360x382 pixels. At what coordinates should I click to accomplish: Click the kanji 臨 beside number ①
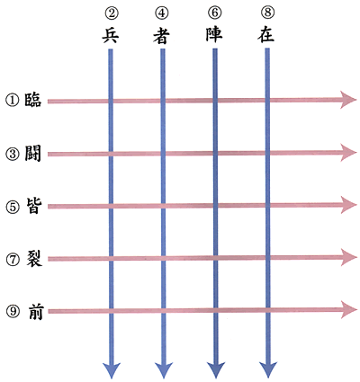click(32, 100)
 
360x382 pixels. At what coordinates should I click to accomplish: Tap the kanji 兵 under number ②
click(111, 35)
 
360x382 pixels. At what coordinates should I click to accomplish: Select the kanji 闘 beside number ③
click(32, 154)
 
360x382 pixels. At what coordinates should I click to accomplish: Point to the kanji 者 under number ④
click(162, 36)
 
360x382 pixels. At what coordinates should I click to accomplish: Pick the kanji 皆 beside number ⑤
click(32, 207)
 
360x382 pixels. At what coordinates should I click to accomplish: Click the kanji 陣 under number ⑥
click(214, 35)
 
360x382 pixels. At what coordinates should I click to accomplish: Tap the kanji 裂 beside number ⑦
click(33, 259)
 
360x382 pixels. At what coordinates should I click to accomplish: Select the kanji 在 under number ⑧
click(265, 35)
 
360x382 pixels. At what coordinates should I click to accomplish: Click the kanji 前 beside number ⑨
click(36, 312)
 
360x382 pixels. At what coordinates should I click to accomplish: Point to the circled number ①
click(12, 101)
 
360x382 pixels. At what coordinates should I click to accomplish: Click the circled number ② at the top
click(112, 13)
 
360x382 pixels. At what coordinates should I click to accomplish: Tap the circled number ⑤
click(13, 207)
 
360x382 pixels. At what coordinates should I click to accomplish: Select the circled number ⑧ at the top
click(267, 13)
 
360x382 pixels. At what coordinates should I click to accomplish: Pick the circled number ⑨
click(13, 312)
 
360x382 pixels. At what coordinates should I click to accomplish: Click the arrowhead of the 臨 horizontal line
click(348, 100)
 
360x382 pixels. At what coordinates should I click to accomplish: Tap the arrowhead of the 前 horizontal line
click(348, 310)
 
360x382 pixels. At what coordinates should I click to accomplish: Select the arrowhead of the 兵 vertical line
click(112, 370)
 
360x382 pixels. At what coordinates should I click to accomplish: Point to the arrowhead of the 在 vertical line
click(268, 370)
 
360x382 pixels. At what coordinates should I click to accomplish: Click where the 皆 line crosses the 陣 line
click(215, 206)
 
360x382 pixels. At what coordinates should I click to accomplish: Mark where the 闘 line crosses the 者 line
click(163, 154)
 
